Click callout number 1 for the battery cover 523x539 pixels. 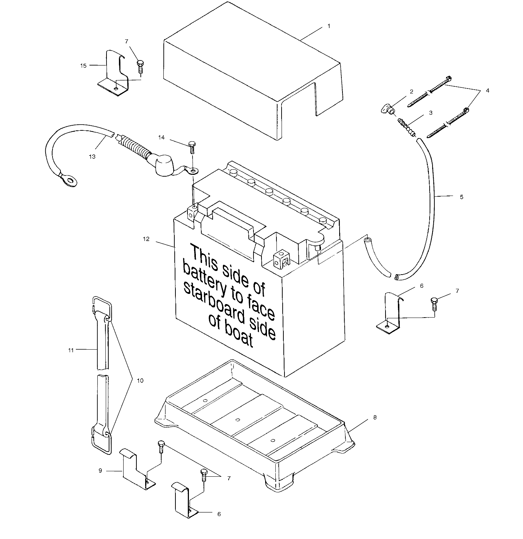329,26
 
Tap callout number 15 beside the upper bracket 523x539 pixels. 84,66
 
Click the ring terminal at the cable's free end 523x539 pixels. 69,180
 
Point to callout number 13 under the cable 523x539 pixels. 92,156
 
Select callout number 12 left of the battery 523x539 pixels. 146,239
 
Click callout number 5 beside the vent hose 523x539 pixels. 461,197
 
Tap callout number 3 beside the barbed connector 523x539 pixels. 430,113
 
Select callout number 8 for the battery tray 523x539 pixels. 375,417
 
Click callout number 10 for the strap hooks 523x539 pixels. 140,381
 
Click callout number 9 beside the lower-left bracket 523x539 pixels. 100,471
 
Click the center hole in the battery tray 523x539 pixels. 237,420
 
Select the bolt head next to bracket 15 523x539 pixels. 140,63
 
